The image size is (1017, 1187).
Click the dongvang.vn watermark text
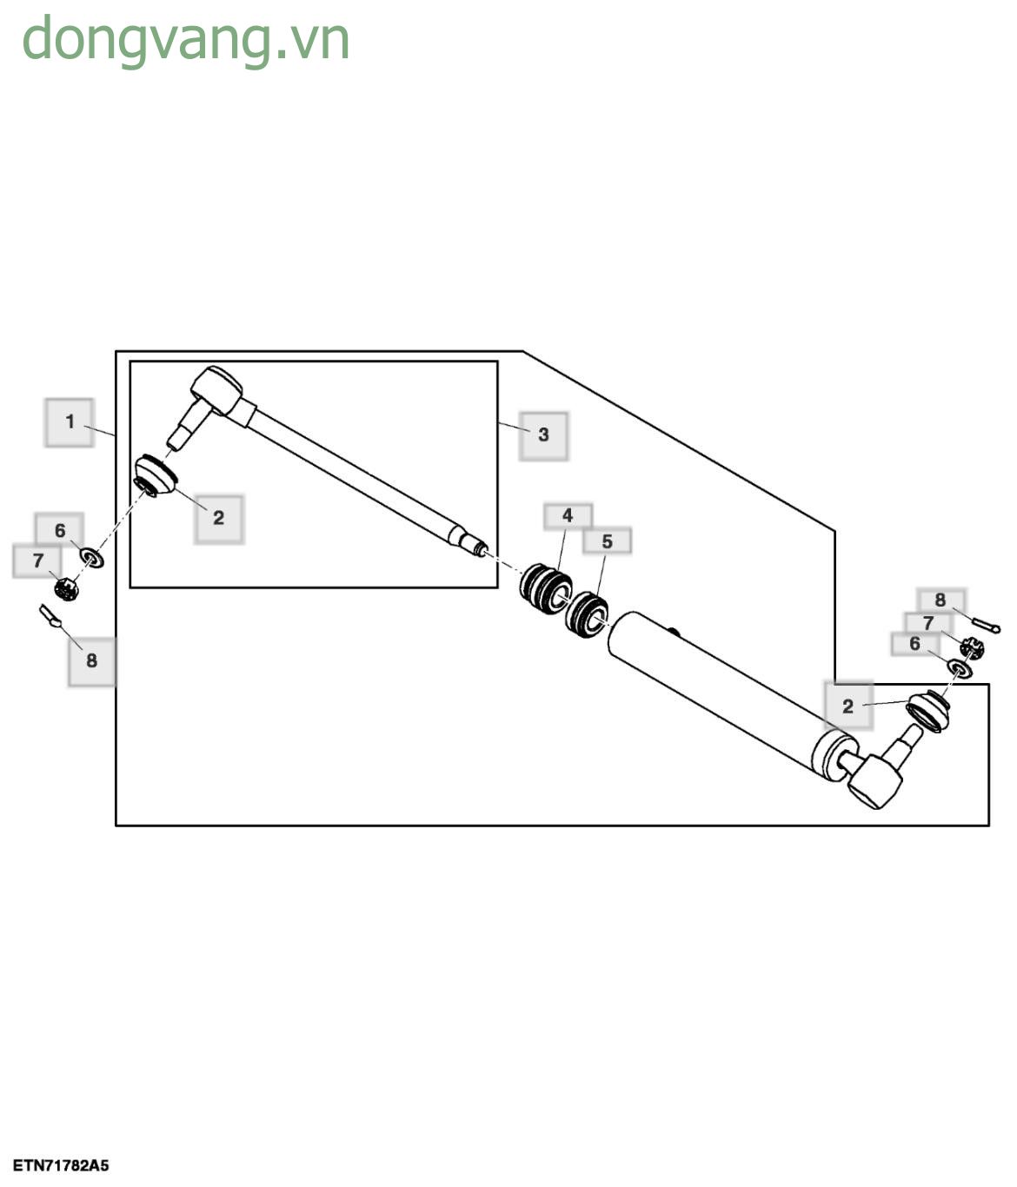point(185,40)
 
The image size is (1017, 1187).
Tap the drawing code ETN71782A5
point(61,1165)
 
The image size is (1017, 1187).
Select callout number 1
point(70,422)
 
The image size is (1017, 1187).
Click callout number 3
point(543,434)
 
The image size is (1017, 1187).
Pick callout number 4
point(568,516)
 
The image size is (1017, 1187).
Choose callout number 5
point(607,541)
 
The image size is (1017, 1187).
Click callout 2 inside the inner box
point(218,518)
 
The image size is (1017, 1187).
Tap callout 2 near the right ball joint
point(847,706)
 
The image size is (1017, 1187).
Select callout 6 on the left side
point(59,530)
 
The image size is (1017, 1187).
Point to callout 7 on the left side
point(37,561)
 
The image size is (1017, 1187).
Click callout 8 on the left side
point(91,660)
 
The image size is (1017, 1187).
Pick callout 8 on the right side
point(940,600)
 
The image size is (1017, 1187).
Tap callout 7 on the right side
point(927,622)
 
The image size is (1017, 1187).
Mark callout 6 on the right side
point(914,644)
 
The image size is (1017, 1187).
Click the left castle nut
point(66,589)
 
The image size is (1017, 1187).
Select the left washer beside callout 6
point(92,557)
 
